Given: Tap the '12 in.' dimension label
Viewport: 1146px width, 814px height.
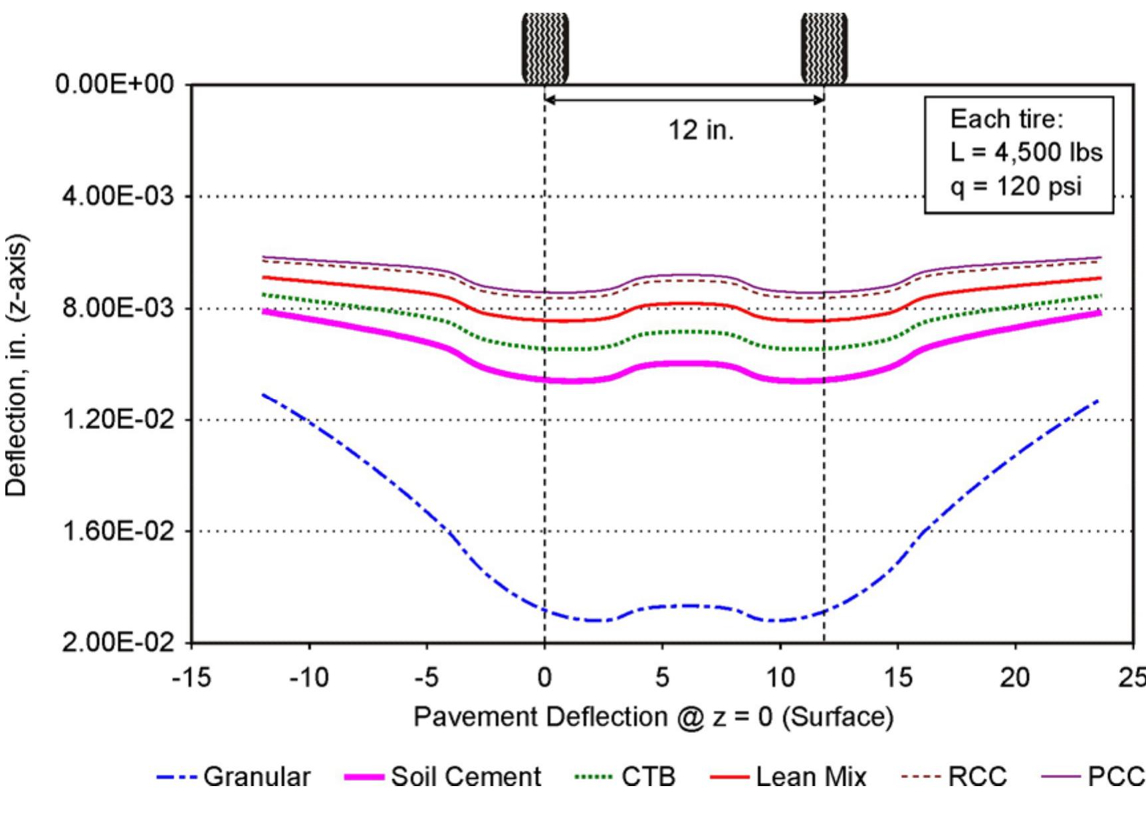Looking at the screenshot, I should coord(701,130).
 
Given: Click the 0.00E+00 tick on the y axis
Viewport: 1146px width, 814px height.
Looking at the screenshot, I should coord(114,85).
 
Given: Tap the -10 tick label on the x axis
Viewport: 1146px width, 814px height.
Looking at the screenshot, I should coord(308,678).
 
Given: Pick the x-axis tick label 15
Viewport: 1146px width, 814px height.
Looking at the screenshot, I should coord(898,678).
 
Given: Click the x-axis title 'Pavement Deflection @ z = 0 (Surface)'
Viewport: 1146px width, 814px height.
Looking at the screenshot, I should coord(653,718).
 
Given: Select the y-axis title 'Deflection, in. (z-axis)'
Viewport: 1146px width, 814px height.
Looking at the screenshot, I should coord(16,365).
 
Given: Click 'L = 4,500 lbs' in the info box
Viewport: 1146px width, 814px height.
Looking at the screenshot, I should coord(1026,152).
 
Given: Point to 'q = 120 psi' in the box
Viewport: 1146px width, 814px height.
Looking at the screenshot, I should coord(1016,186).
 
